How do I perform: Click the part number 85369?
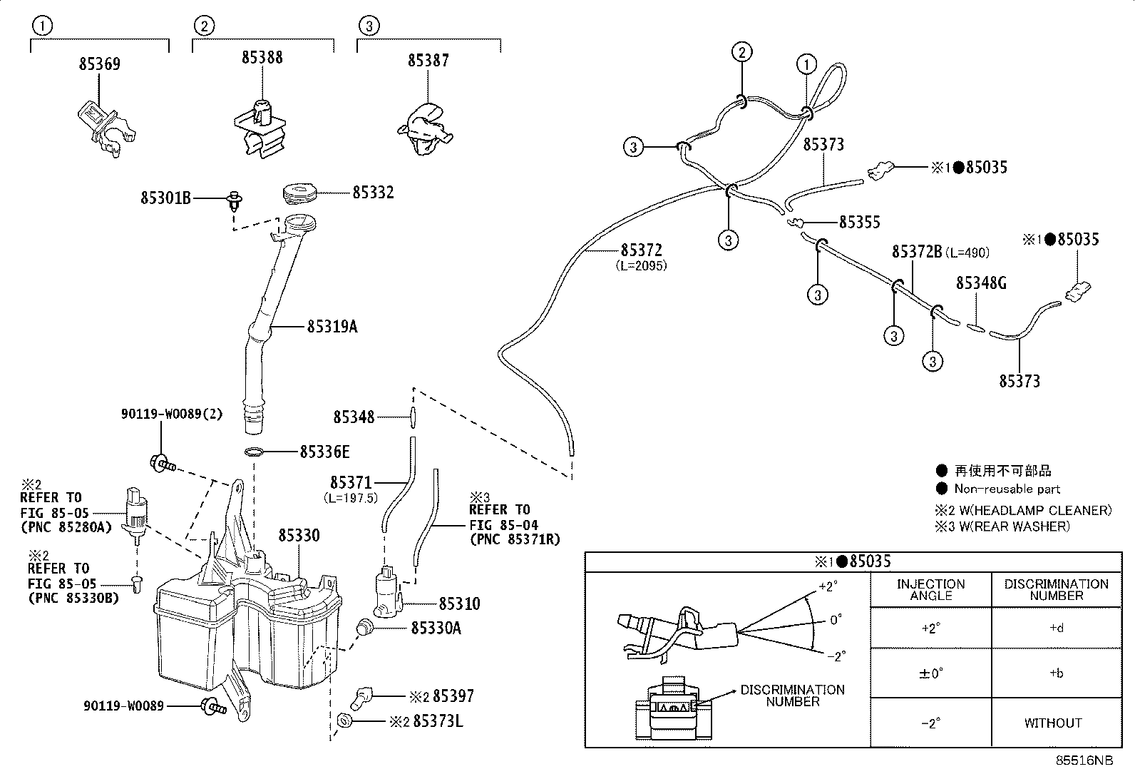click(99, 64)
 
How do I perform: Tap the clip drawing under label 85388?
click(260, 128)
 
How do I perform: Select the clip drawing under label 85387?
click(425, 129)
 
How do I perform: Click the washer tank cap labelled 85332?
click(299, 194)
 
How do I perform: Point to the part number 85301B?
click(165, 198)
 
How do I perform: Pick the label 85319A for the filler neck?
click(332, 327)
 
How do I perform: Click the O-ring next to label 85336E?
click(254, 452)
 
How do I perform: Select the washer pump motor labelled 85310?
click(388, 591)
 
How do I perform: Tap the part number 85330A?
click(436, 628)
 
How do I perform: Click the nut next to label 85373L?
click(344, 720)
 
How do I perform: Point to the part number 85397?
click(453, 696)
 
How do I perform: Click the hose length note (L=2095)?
click(642, 265)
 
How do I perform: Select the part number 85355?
click(860, 222)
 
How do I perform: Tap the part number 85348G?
click(981, 283)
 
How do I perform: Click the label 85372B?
click(917, 252)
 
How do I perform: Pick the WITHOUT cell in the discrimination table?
click(1053, 723)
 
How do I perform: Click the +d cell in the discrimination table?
click(1057, 628)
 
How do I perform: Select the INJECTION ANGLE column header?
click(931, 590)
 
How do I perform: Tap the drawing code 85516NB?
click(1084, 760)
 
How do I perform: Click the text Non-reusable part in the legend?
click(1007, 489)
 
